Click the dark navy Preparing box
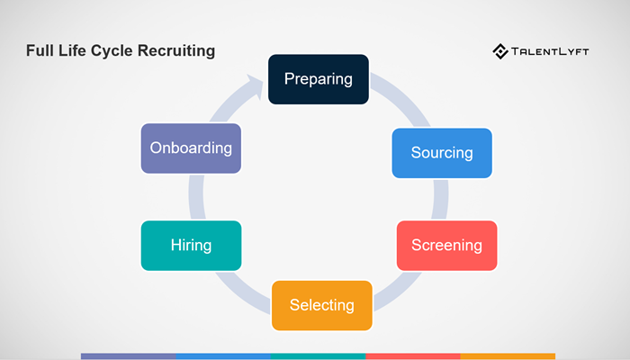coord(319,79)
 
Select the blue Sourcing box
coord(442,153)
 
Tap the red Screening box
coord(446,245)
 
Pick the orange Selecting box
coord(321,305)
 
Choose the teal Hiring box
coord(191,245)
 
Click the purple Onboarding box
coord(191,148)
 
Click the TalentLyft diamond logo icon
coord(500,51)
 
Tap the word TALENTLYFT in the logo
coord(552,51)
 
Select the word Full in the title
coord(40,50)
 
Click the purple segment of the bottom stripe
coord(128,356)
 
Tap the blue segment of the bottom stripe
coord(223,356)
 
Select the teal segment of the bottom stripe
coord(318,356)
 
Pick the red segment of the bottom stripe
coord(413,356)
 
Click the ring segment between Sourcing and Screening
coord(440,199)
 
